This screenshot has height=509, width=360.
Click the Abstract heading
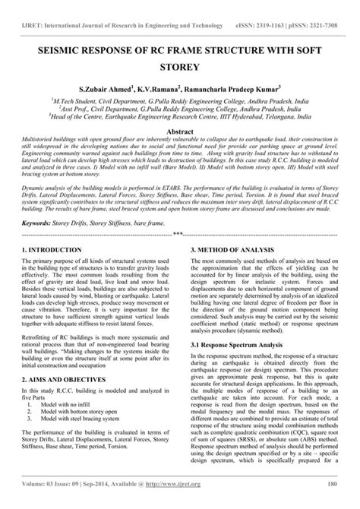coord(180,131)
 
